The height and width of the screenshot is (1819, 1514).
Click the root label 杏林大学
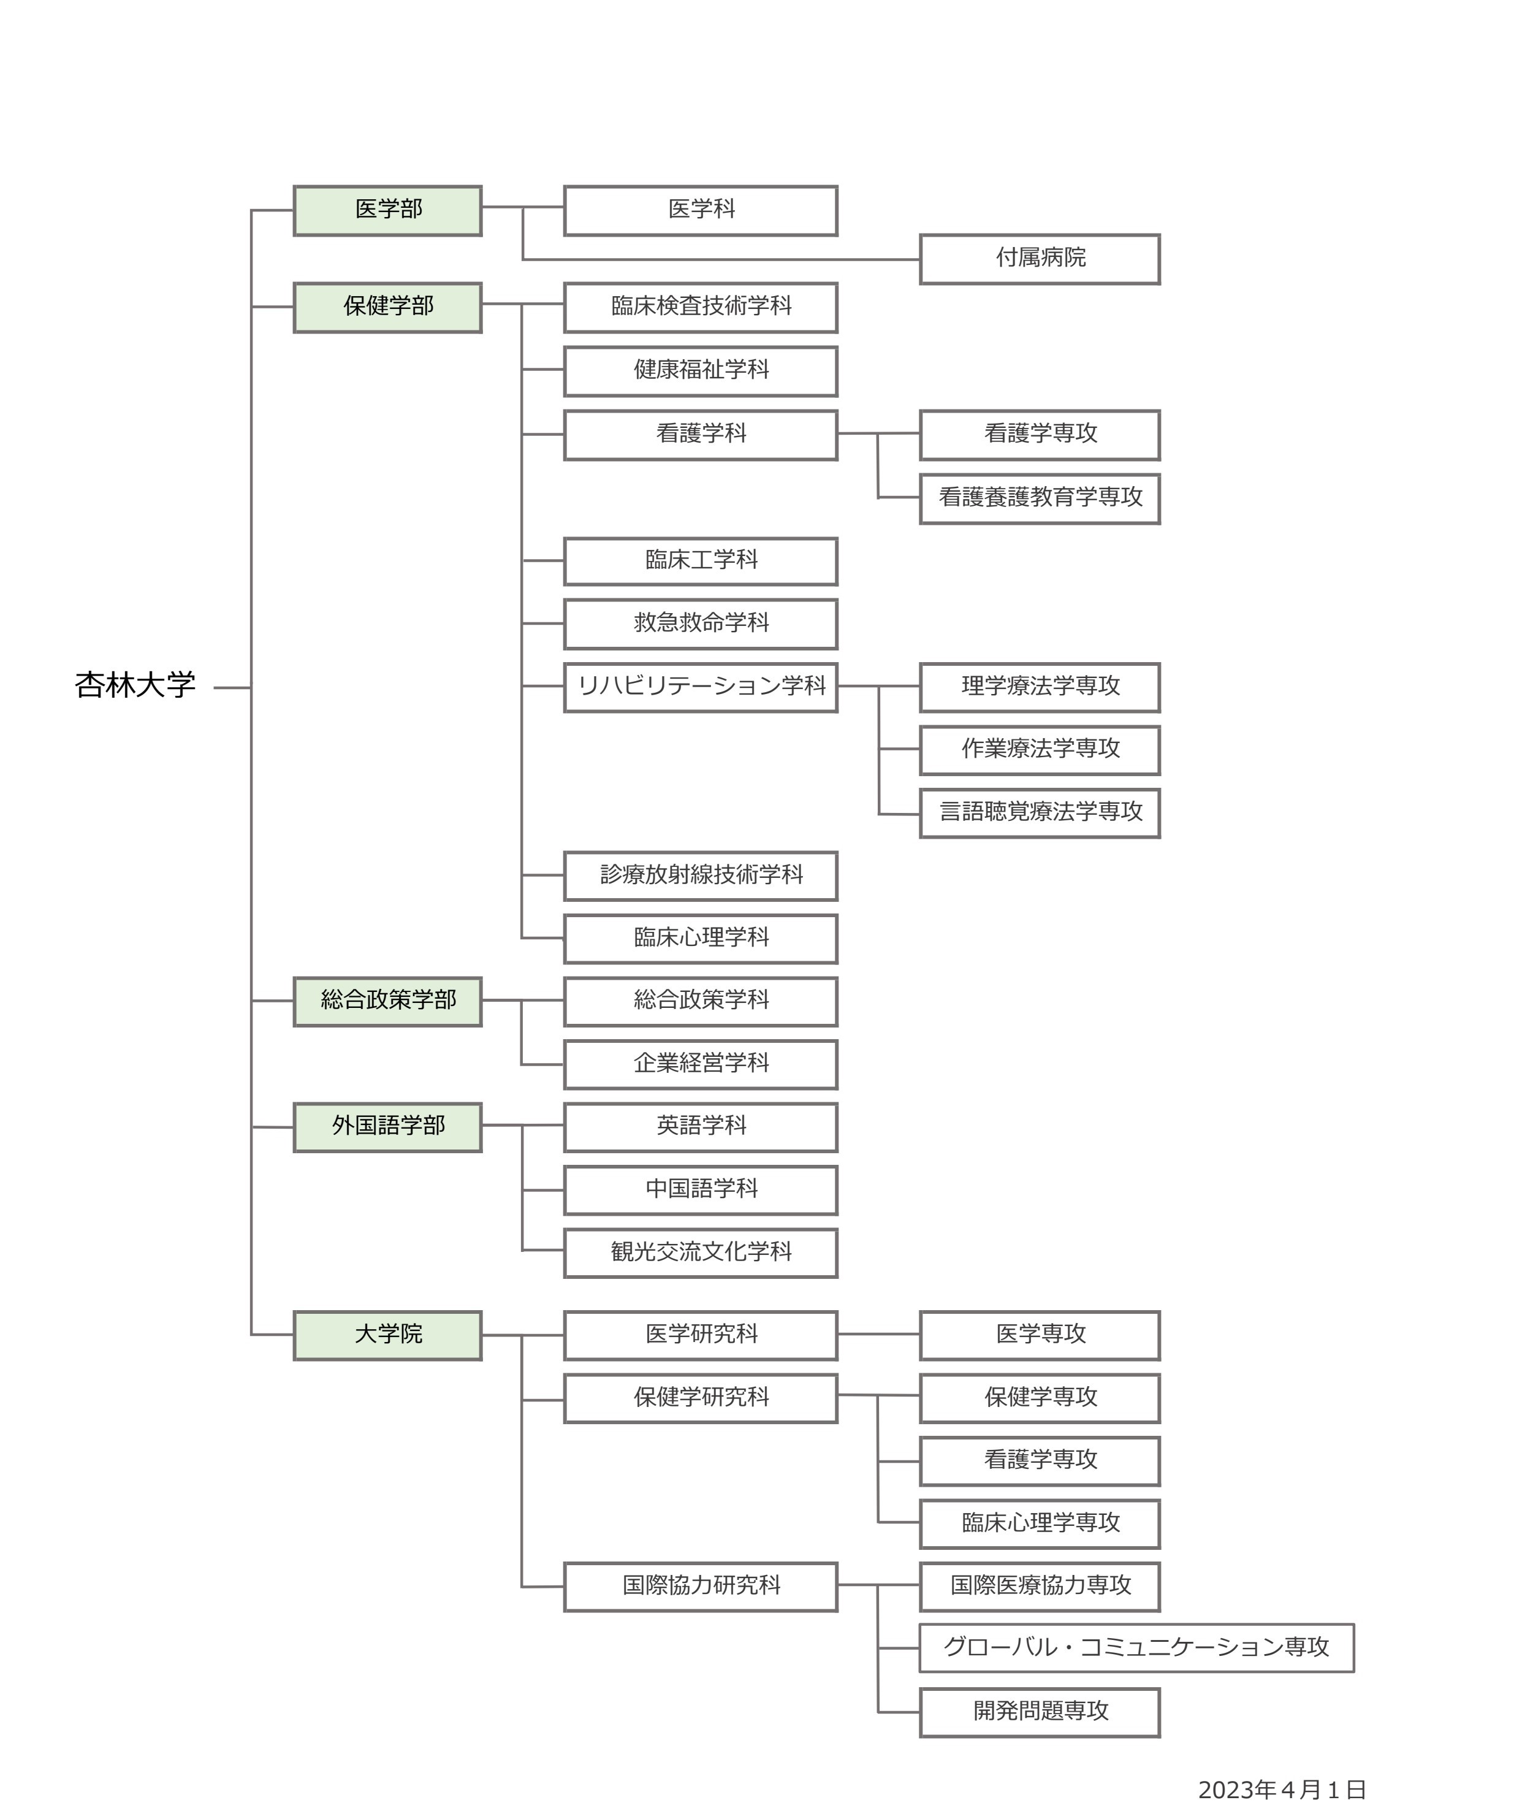point(135,686)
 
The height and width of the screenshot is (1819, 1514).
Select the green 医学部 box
point(387,210)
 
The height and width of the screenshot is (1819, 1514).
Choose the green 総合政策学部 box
point(387,1001)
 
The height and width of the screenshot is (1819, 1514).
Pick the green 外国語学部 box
point(387,1127)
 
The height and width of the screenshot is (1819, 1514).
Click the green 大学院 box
point(387,1335)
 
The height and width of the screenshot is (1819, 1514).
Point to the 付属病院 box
point(1040,259)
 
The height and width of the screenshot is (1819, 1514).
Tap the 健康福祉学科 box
point(701,371)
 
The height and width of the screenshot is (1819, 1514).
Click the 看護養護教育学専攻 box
point(1040,498)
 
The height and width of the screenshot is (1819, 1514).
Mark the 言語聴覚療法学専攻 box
point(1040,812)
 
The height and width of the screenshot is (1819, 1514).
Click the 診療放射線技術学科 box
point(701,875)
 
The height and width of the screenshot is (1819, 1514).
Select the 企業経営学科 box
point(701,1064)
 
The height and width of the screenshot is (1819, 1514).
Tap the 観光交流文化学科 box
point(701,1253)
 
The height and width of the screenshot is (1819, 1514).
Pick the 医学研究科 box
point(701,1335)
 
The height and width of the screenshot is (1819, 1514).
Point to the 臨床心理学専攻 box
point(1040,1523)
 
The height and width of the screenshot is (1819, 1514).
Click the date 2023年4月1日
point(1281,1790)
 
